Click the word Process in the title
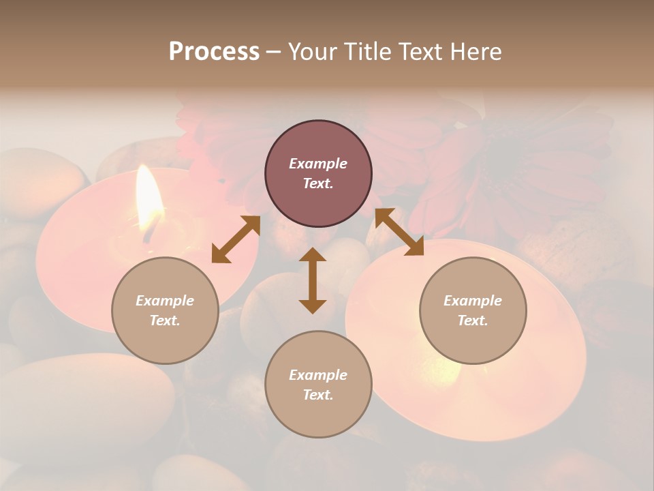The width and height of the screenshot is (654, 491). point(214,52)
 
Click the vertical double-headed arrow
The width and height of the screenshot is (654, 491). point(313,280)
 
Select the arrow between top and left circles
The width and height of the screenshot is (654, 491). point(236,239)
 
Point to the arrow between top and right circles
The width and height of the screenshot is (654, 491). point(399,232)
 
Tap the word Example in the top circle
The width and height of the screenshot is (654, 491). point(318,164)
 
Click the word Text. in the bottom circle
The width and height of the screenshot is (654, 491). point(318,395)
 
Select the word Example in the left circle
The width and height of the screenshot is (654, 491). point(165,301)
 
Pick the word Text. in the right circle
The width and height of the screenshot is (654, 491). point(473,321)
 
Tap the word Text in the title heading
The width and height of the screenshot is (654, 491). point(420,52)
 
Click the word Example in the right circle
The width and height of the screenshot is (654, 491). point(473,301)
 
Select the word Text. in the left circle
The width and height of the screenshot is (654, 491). point(165,321)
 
